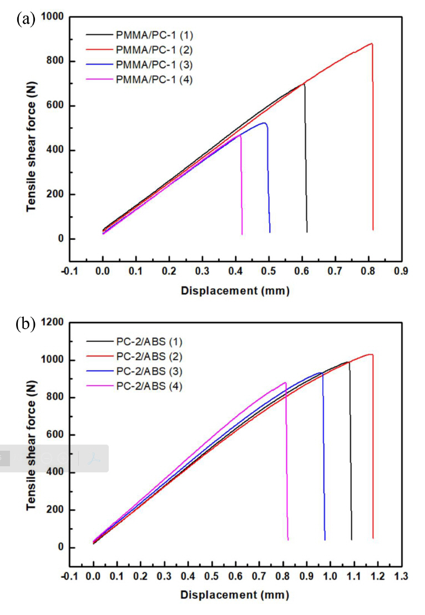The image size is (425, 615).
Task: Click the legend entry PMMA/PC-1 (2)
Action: (154, 50)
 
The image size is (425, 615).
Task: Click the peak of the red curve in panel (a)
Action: (371, 43)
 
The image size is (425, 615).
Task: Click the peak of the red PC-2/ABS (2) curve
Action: (371, 354)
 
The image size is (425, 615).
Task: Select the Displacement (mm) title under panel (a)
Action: (235, 290)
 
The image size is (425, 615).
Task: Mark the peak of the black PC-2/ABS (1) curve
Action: (348, 362)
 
